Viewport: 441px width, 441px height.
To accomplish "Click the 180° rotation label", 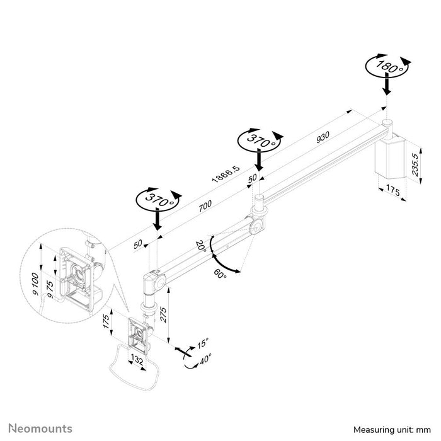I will [x=386, y=66].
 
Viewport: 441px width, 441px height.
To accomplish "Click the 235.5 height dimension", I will [x=414, y=165].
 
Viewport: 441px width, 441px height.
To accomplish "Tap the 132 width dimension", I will [x=136, y=360].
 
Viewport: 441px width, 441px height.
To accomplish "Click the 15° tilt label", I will [x=203, y=344].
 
